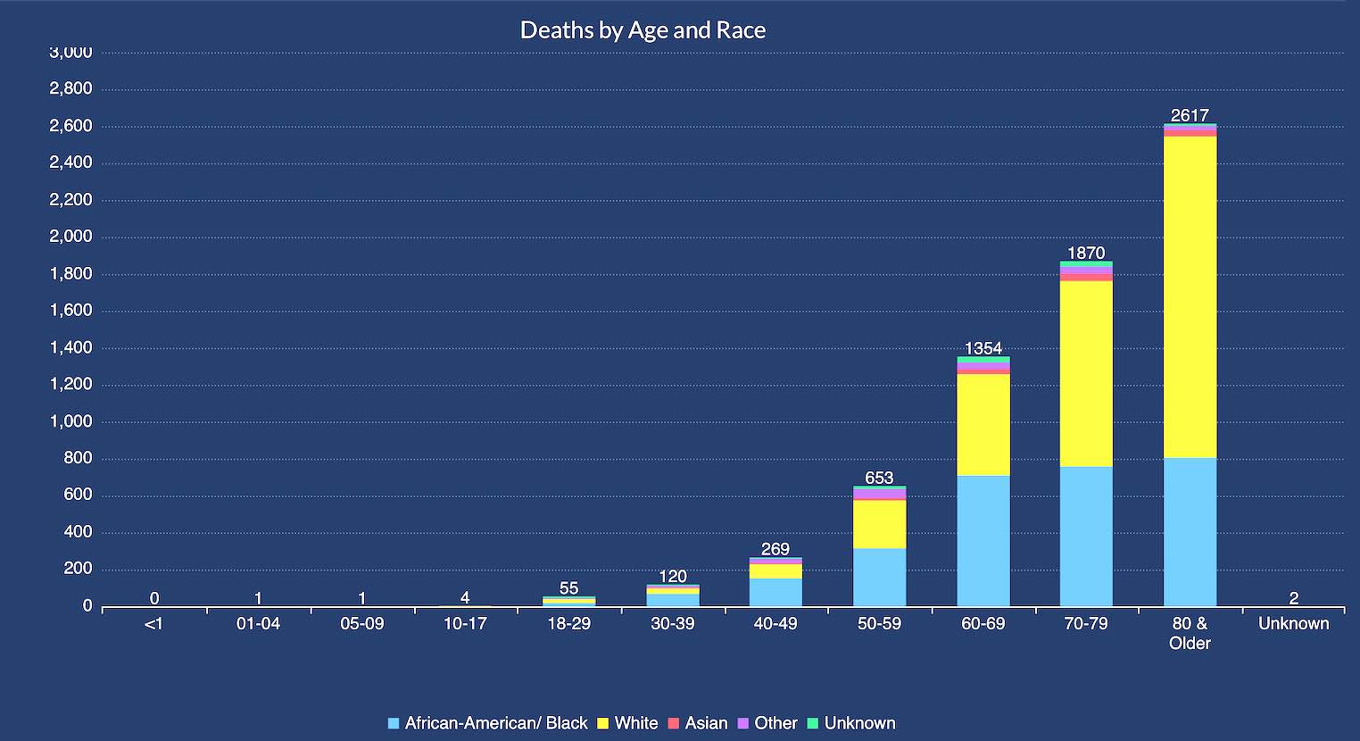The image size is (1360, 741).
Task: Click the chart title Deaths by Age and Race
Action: (x=643, y=30)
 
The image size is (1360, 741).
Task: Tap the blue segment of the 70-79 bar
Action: (x=1086, y=536)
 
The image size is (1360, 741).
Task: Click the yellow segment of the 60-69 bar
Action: (x=983, y=425)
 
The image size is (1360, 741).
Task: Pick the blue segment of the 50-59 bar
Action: (x=879, y=577)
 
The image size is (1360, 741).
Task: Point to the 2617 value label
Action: (x=1190, y=115)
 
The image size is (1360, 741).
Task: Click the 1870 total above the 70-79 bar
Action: (x=1086, y=253)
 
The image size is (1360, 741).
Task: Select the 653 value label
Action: (x=879, y=478)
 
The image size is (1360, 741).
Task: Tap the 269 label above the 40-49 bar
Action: (x=775, y=549)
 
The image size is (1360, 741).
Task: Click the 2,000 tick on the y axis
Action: (x=71, y=237)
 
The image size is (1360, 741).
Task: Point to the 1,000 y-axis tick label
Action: (x=71, y=421)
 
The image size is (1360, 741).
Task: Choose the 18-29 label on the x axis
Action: (x=568, y=623)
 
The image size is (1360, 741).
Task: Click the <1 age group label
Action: (x=154, y=623)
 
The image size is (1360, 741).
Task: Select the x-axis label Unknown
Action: (x=1293, y=623)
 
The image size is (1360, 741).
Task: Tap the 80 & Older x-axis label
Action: (x=1190, y=633)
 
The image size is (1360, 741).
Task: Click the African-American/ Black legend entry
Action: (x=495, y=723)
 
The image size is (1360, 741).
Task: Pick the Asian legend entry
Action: (x=706, y=723)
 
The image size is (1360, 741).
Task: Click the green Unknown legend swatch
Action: (x=813, y=723)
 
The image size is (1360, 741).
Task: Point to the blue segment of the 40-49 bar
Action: (x=775, y=592)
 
